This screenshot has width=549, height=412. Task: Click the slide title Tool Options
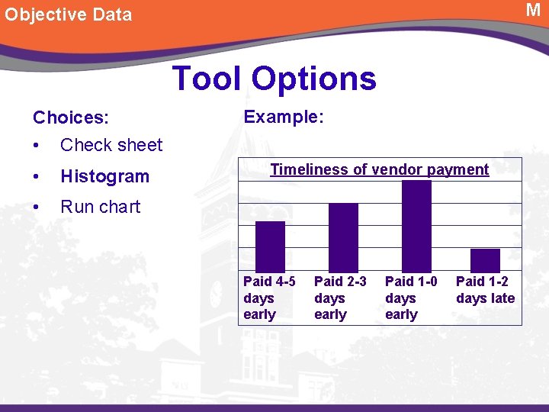click(274, 78)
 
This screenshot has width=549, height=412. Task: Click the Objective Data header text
click(69, 14)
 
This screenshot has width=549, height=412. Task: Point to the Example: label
click(284, 117)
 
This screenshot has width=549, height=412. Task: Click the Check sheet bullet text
click(111, 145)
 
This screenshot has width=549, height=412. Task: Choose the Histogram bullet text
click(104, 176)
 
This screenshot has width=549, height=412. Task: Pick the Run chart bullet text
click(100, 207)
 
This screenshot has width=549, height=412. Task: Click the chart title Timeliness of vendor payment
click(380, 169)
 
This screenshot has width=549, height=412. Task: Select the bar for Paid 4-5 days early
click(270, 246)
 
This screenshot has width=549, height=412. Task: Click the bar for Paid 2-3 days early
click(343, 237)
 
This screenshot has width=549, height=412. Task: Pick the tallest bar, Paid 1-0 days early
click(416, 226)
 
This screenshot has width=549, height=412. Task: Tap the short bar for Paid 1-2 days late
click(485, 260)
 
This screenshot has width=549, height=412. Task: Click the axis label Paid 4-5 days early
click(269, 298)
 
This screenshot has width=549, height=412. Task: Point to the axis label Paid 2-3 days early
click(340, 298)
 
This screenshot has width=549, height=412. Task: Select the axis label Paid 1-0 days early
click(411, 298)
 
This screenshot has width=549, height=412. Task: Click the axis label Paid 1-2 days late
click(485, 291)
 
